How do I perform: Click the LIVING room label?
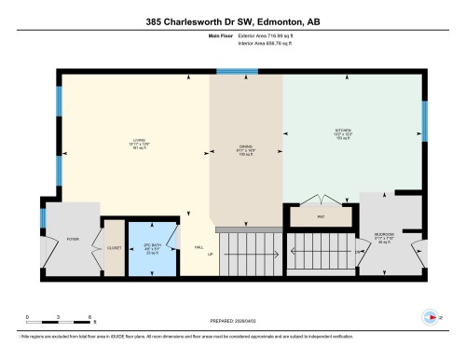137,141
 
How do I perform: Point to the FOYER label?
71,239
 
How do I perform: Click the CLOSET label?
115,248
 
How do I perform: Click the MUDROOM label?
384,234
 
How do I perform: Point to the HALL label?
198,247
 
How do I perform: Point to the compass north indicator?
432,315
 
